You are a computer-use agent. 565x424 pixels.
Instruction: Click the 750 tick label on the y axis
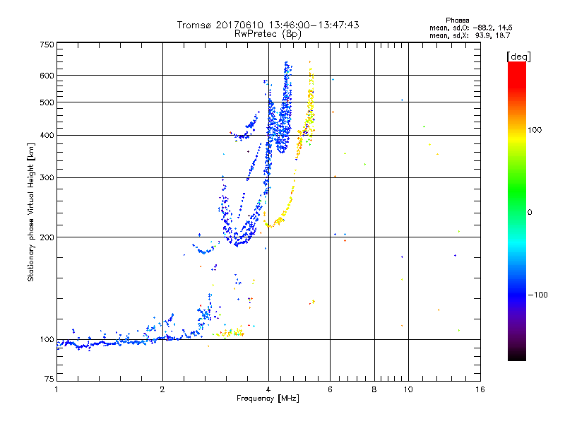[47, 45]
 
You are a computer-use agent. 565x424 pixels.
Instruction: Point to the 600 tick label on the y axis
[47, 75]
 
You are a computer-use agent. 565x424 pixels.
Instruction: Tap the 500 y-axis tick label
[47, 102]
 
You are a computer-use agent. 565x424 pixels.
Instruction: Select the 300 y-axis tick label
[47, 177]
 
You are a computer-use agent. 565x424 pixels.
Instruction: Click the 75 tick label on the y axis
[49, 380]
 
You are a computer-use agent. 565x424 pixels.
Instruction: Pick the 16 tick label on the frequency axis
[480, 390]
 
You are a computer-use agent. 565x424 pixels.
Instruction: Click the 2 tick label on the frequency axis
[162, 390]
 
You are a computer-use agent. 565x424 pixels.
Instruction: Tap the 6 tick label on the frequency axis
[331, 390]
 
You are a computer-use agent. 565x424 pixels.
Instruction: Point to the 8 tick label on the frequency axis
[374, 390]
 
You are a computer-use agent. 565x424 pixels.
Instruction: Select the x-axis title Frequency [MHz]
[268, 399]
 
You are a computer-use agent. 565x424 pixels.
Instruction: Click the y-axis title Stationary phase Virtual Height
[31, 212]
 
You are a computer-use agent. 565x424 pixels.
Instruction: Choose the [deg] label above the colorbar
[519, 56]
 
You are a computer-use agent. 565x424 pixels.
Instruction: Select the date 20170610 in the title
[243, 25]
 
